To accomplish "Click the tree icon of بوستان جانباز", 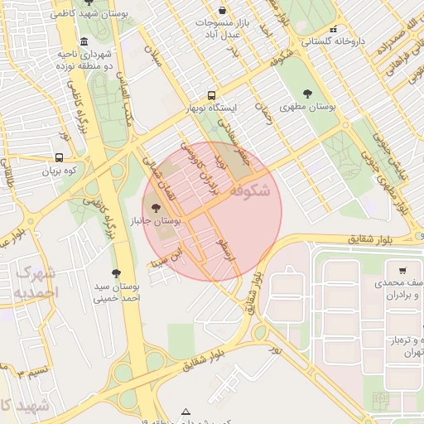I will [x=157, y=208].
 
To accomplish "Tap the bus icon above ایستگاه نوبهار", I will [x=211, y=95].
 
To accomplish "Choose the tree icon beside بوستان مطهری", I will [x=308, y=94].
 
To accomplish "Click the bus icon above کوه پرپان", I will [x=58, y=157].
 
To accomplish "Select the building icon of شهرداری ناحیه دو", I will [x=84, y=42].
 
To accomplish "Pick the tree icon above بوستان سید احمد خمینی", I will [x=116, y=273].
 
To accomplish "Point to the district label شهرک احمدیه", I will [x=37, y=282].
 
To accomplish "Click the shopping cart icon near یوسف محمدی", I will [x=402, y=270].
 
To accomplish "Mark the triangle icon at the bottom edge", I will [x=185, y=412].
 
